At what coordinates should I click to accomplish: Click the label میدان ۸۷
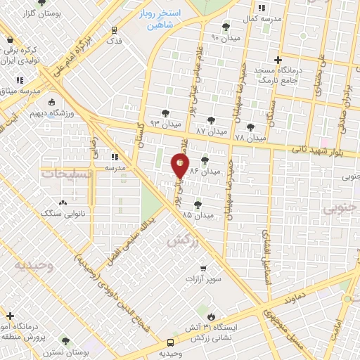coord(212,131)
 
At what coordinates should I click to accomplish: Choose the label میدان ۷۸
coord(250,137)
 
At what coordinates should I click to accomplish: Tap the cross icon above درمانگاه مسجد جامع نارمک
coord(279,60)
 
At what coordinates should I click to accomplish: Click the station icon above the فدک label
coord(115,30)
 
